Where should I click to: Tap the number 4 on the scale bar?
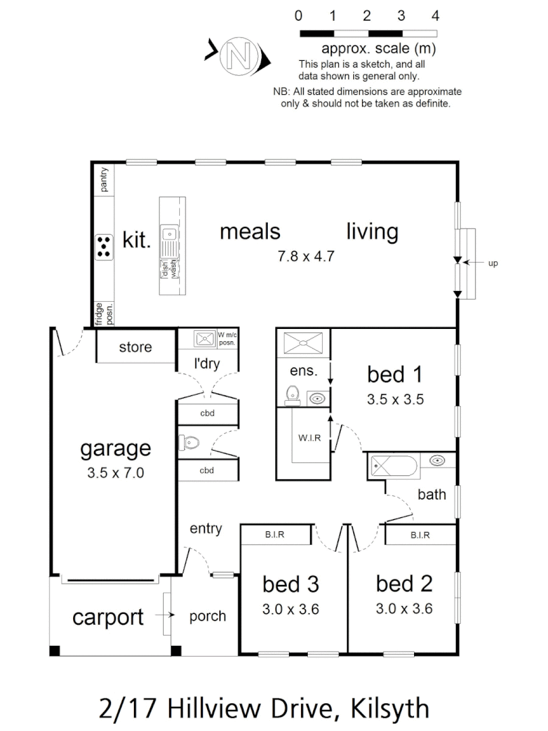tap(436, 16)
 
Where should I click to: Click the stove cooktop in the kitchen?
tap(104, 246)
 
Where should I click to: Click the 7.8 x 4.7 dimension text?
tap(306, 256)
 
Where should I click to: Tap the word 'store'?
tap(135, 348)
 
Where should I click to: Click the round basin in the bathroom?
tap(438, 462)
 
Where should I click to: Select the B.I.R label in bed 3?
tap(275, 535)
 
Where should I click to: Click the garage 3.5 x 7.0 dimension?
tap(115, 473)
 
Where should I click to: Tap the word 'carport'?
tap(108, 617)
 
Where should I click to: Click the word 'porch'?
tap(207, 617)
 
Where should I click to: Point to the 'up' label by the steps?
tap(493, 263)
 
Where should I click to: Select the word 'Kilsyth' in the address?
tap(390, 708)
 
